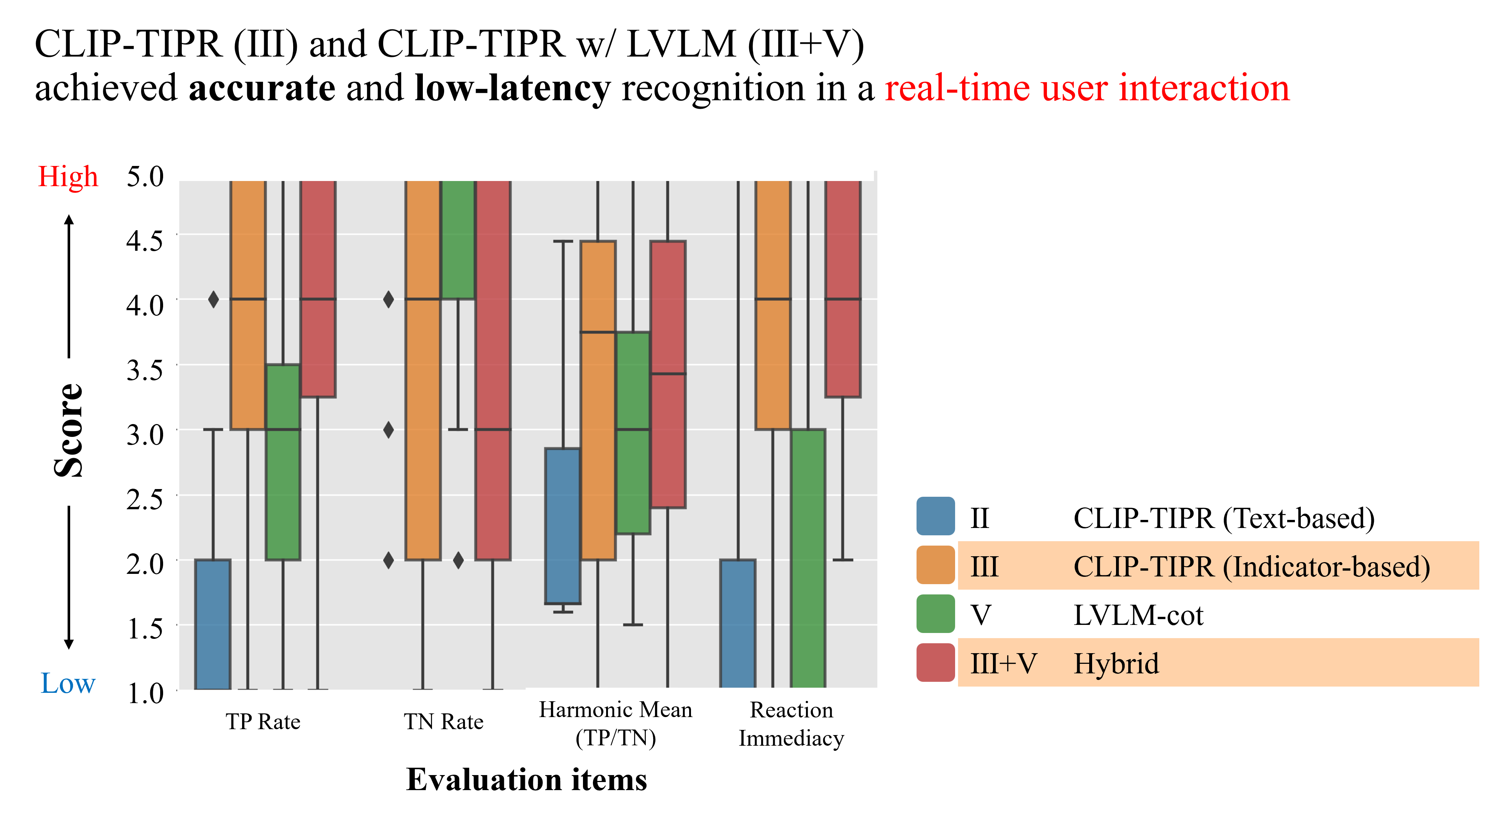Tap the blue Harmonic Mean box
click(x=562, y=525)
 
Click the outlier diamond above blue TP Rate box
click(x=213, y=299)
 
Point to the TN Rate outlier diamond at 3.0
click(x=389, y=430)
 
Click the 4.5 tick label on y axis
click(x=145, y=240)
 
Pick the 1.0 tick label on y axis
click(x=145, y=693)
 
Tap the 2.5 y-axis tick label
click(x=145, y=499)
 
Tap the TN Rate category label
click(x=444, y=722)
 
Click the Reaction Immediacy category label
click(x=791, y=724)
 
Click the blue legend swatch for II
click(x=935, y=516)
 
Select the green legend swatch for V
click(x=935, y=614)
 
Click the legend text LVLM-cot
click(x=1138, y=615)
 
